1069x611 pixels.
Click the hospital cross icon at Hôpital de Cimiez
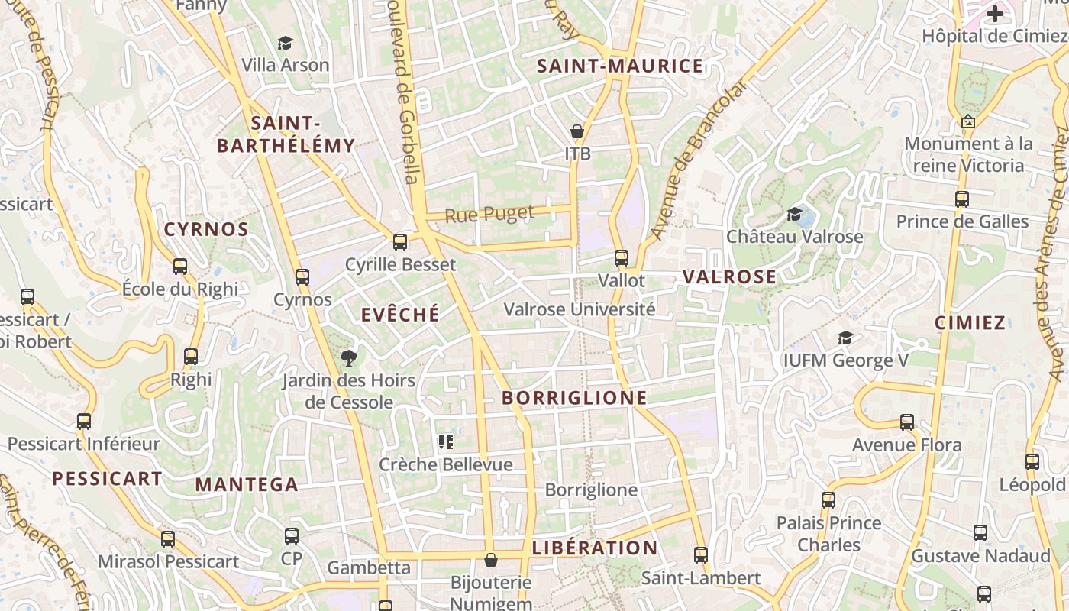(994, 13)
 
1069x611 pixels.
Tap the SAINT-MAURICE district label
(620, 66)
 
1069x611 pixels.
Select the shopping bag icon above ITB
(577, 131)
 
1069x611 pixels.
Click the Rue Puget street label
(489, 214)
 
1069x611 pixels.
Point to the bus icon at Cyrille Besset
(399, 242)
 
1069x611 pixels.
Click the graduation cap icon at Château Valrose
(795, 214)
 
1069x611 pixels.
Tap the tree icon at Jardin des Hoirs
(348, 357)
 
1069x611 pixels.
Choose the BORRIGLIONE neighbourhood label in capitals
(574, 398)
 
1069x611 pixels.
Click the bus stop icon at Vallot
(622, 258)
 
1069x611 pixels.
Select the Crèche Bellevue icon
(446, 441)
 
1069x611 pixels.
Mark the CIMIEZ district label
(970, 322)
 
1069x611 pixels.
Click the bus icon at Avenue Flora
(907, 422)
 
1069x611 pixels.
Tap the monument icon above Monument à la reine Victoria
(968, 121)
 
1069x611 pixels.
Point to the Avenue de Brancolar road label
(696, 160)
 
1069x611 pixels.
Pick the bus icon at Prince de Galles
(962, 199)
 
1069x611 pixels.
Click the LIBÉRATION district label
(594, 548)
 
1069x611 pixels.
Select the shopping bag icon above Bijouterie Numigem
(491, 561)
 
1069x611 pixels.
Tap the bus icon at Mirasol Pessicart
(168, 538)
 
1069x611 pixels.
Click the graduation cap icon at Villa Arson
(286, 43)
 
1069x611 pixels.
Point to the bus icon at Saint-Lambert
(701, 555)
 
